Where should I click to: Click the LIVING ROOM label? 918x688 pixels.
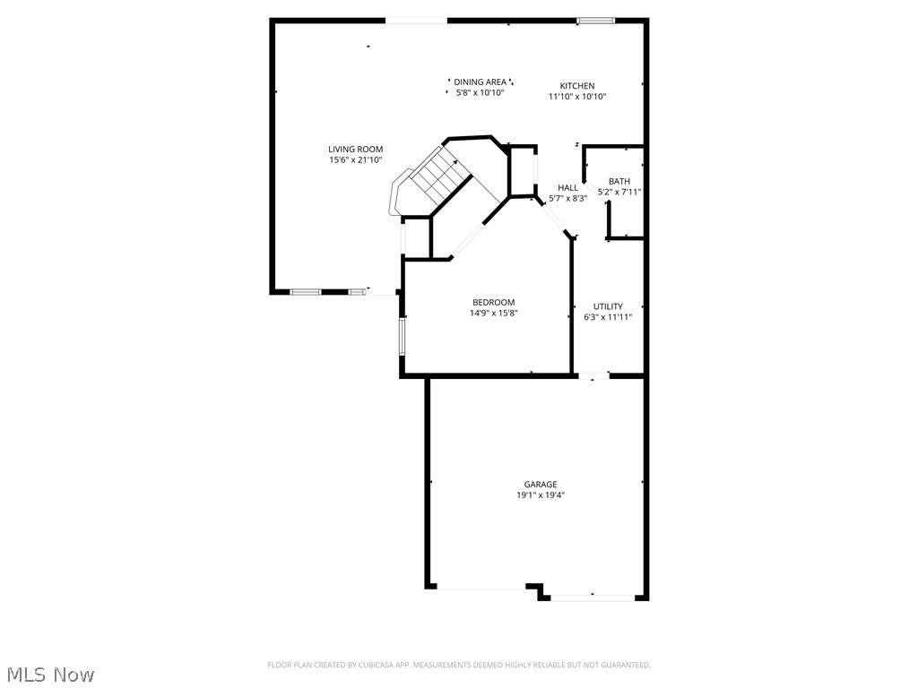[355, 150]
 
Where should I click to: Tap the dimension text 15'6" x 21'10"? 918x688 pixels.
[355, 160]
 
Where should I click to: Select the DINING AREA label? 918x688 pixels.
[480, 82]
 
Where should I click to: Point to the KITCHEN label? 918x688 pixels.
[577, 86]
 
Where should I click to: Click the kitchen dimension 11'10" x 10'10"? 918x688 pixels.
[577, 97]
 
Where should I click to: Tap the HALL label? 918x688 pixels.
[567, 188]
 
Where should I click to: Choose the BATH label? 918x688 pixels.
[619, 182]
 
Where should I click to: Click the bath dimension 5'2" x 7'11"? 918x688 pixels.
[619, 192]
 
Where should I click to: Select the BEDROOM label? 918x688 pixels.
[494, 303]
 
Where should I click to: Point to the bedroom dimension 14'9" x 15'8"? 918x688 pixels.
[494, 314]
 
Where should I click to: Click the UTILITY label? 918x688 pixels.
[608, 306]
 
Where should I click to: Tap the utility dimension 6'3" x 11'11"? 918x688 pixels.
[608, 317]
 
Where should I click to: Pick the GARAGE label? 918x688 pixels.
[541, 485]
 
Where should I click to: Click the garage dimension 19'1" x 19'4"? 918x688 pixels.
[541, 495]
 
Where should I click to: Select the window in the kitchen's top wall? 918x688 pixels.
[596, 20]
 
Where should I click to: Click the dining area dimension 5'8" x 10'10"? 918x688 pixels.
[480, 92]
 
